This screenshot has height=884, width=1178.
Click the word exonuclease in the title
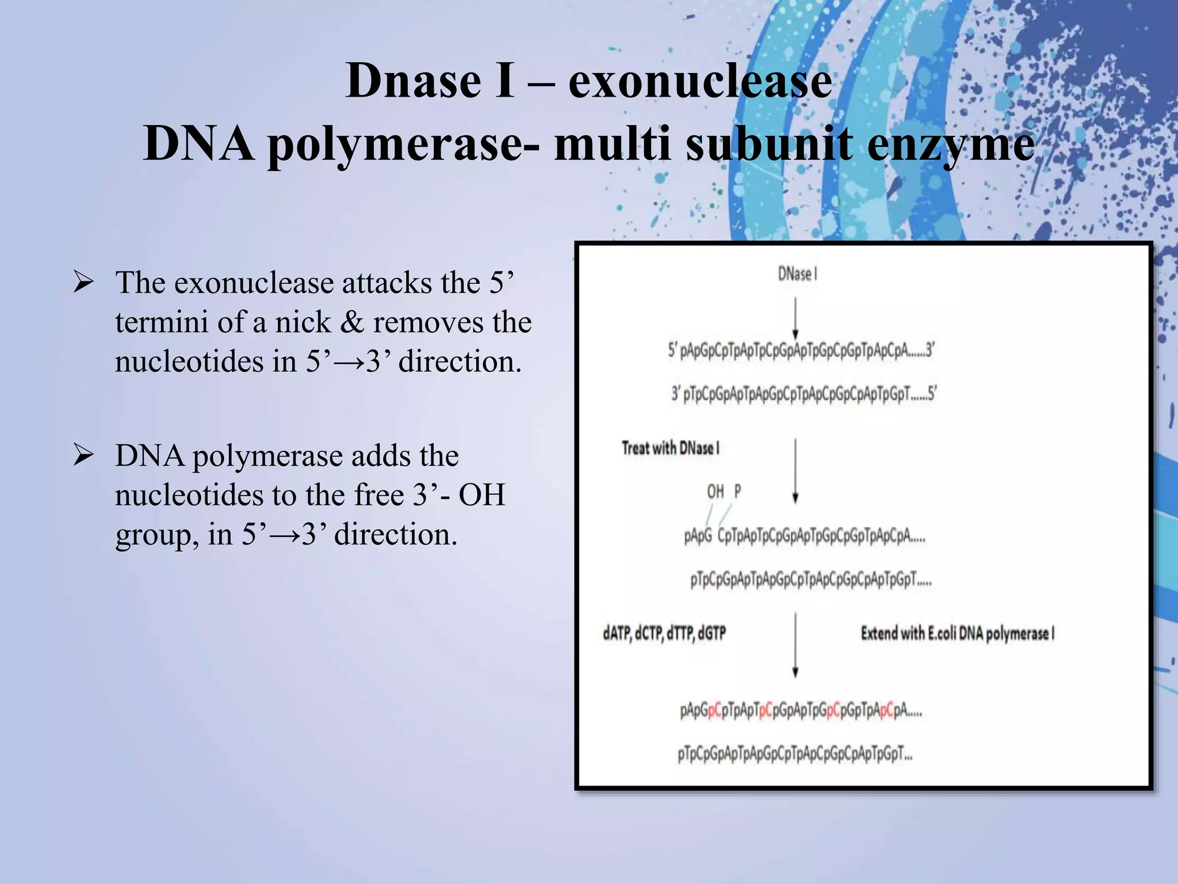699,81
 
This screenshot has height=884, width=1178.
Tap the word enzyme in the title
950,144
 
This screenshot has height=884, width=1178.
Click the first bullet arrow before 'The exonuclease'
83,283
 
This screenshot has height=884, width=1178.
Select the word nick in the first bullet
303,322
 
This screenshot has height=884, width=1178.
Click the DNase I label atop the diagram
797,274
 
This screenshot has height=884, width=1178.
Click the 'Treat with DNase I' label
670,448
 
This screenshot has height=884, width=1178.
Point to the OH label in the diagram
715,491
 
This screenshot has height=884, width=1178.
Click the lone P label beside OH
737,491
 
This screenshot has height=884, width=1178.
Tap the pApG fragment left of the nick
698,536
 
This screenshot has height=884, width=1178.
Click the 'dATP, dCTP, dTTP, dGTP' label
664,634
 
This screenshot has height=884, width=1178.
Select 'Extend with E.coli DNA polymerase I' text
957,634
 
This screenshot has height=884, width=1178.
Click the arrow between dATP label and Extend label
795,645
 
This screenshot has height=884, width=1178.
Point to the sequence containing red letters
801,711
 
